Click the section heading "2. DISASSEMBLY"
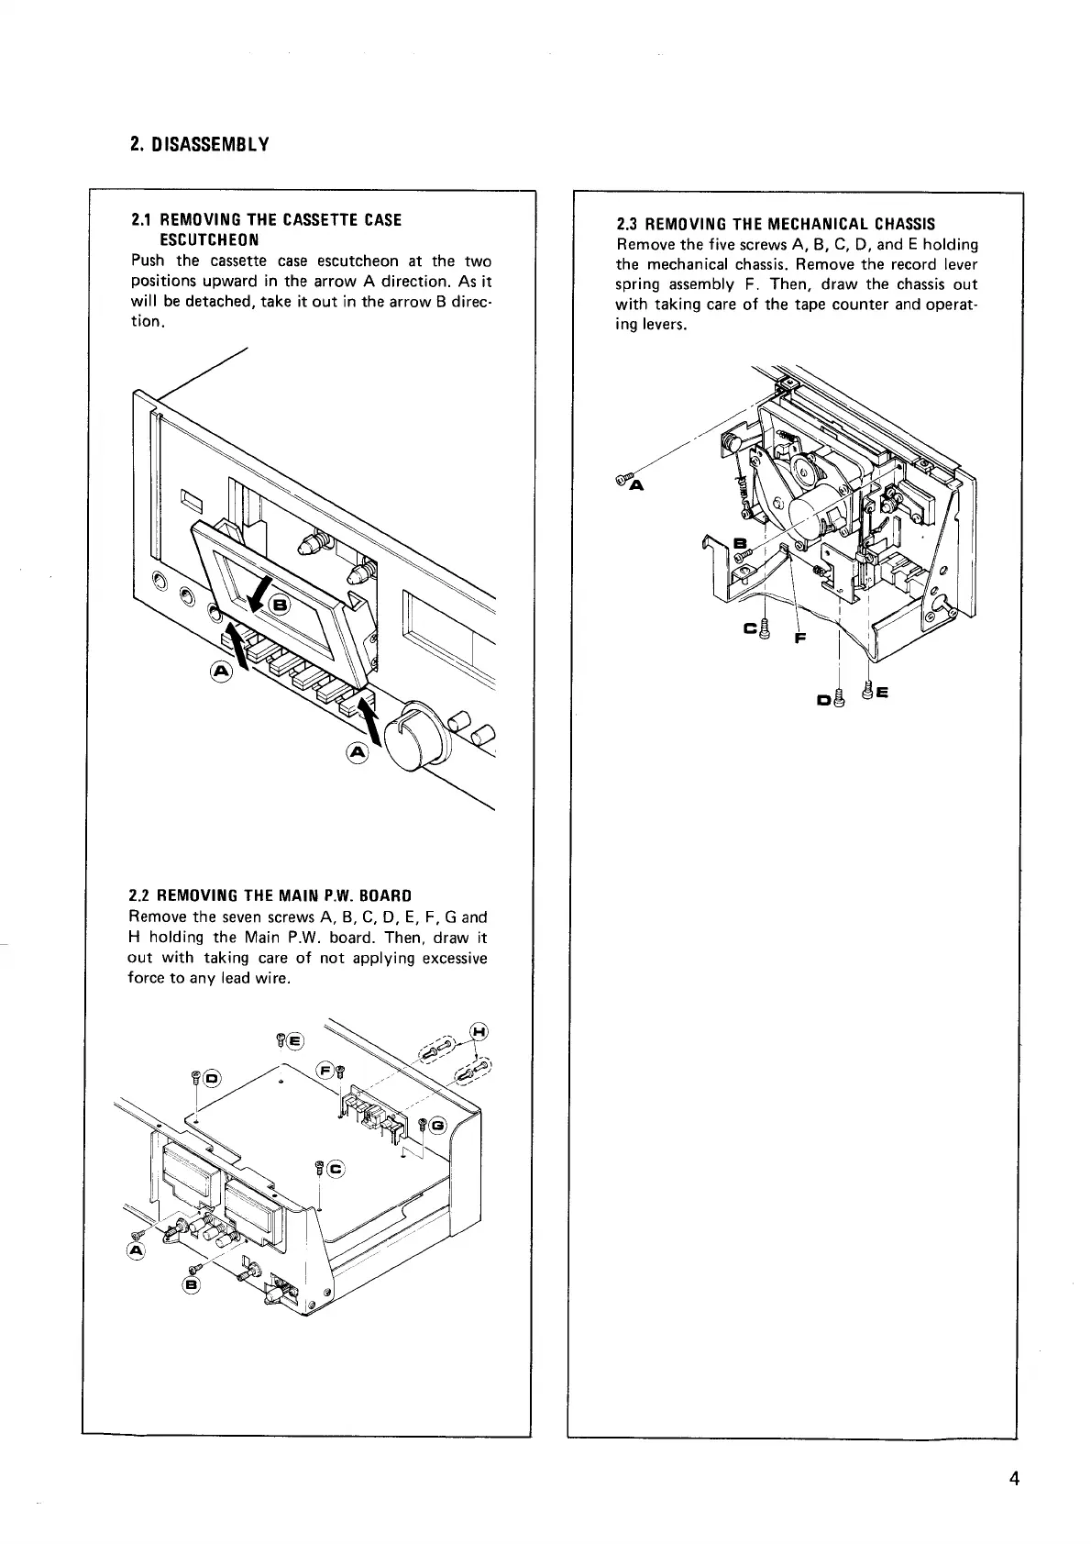199,145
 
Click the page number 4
1014,1504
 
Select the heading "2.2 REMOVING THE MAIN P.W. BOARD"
270,894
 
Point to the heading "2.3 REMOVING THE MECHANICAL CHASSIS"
776,224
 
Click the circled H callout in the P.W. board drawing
478,1029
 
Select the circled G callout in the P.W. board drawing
437,1125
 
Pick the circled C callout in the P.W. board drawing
335,1169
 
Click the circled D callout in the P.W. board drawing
211,1077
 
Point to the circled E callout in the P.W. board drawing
295,1040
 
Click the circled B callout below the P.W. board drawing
191,1284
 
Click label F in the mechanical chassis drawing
799,639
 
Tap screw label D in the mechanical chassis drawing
822,702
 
